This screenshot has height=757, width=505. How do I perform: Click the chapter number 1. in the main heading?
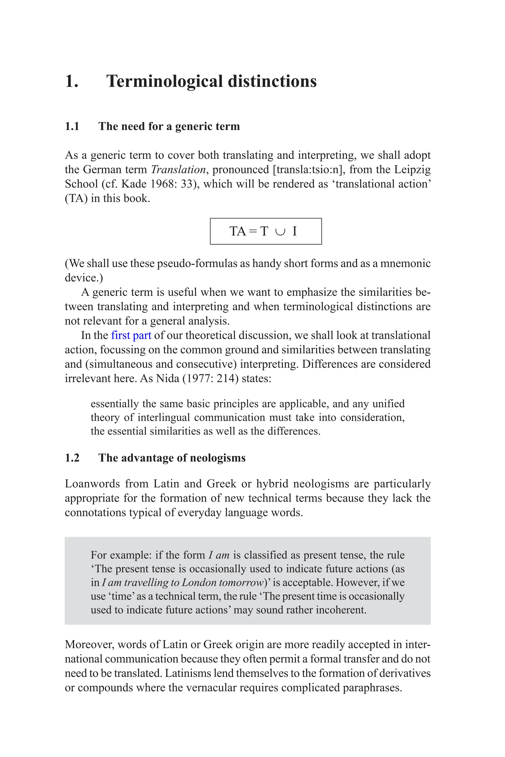point(72,81)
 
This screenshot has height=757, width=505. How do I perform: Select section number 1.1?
point(72,126)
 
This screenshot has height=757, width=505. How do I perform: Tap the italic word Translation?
point(178,170)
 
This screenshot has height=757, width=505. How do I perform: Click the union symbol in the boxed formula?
point(280,231)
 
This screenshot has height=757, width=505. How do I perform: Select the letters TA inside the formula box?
point(238,231)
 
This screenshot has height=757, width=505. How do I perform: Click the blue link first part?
point(131,335)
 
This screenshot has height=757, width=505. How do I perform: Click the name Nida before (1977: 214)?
point(167,378)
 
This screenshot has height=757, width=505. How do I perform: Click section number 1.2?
point(72,458)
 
